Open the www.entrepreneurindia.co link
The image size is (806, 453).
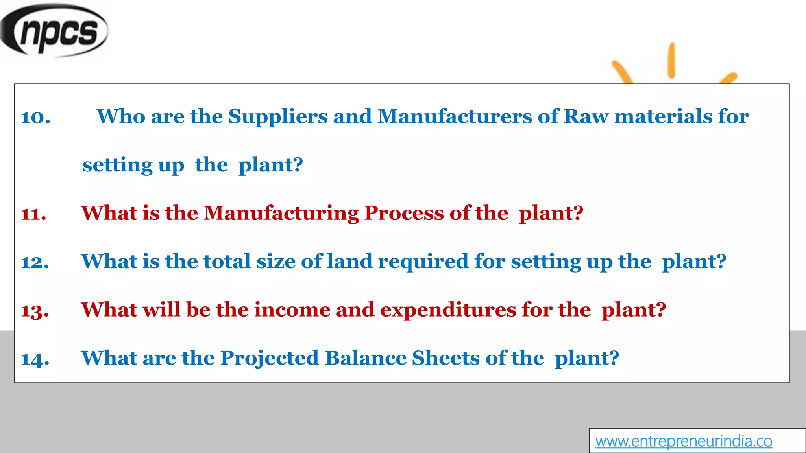[x=684, y=441]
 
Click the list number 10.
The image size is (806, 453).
[x=35, y=117]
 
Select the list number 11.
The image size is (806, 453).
[x=33, y=214]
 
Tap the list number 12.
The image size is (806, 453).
[x=35, y=262]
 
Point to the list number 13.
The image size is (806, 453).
[x=35, y=311]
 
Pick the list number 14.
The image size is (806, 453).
[x=35, y=359]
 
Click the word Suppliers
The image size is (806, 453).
[x=278, y=117]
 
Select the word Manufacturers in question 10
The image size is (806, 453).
[x=455, y=117]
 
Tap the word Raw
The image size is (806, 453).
[x=586, y=117]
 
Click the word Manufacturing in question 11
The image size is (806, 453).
[x=281, y=214]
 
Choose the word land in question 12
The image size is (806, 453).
[x=349, y=261]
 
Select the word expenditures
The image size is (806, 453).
[x=448, y=311]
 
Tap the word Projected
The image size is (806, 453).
[x=269, y=359]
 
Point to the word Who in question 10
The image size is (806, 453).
[x=121, y=117]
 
